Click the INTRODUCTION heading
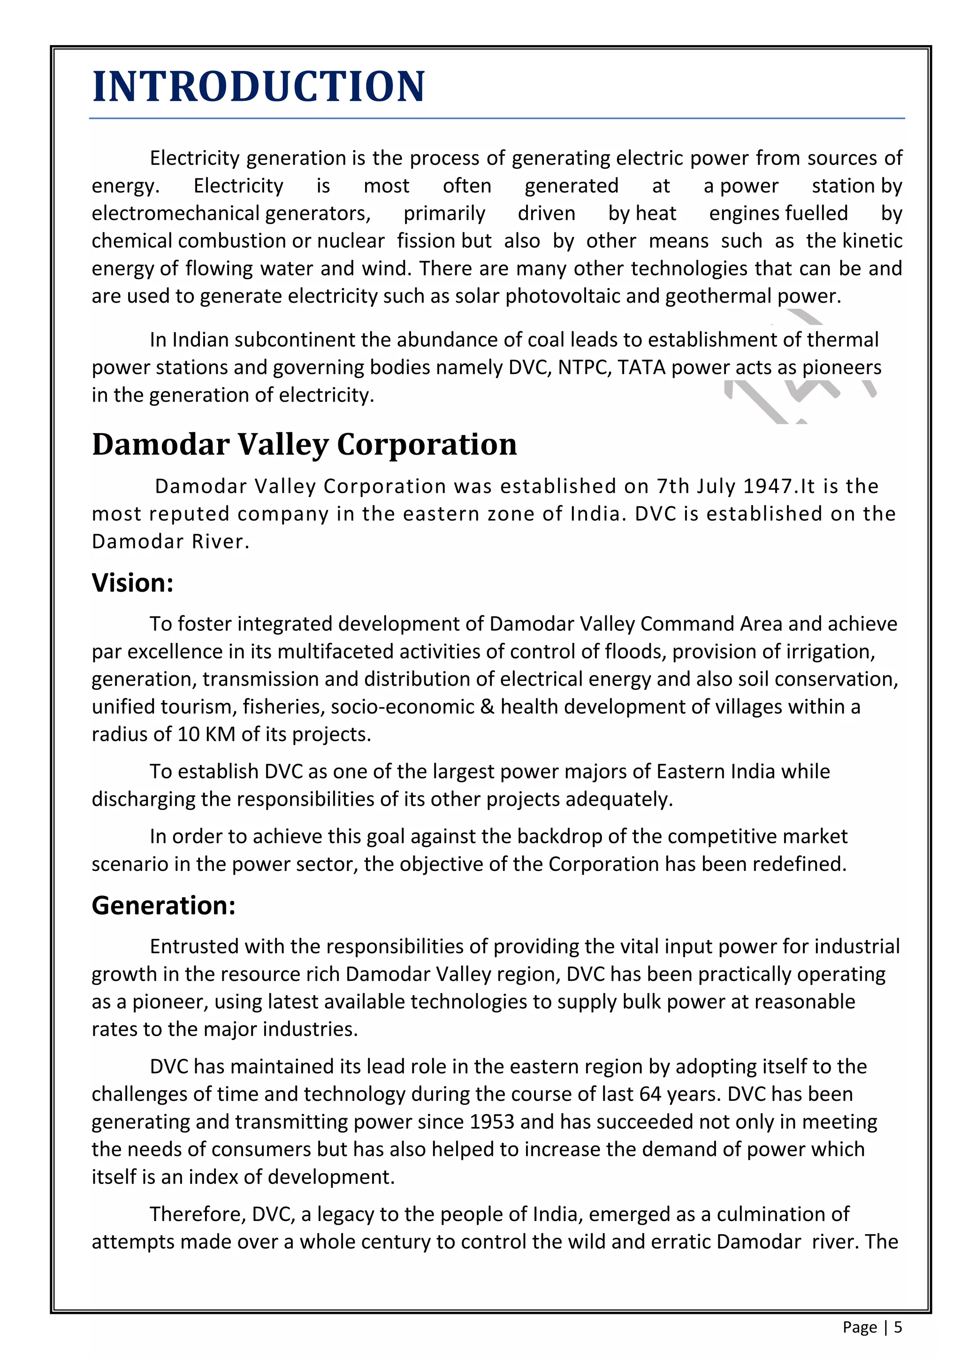point(259,86)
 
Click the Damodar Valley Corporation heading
point(304,444)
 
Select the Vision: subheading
point(132,583)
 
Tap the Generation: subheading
point(163,906)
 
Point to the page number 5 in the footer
point(898,1327)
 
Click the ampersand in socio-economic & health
point(487,707)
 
